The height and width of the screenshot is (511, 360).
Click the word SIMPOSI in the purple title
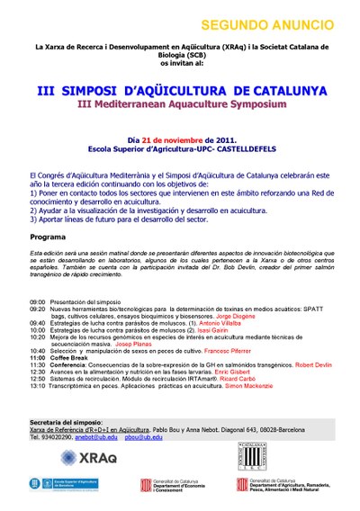coord(103,91)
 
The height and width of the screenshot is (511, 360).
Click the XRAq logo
coord(86,459)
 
